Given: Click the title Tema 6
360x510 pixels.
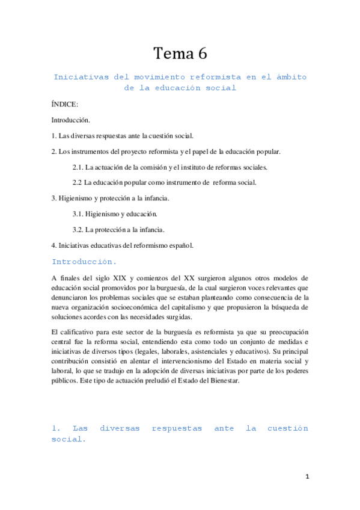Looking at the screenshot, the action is [x=180, y=54].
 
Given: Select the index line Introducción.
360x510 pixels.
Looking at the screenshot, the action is [x=70, y=120].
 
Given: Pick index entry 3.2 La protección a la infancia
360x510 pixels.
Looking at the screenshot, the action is [x=118, y=229].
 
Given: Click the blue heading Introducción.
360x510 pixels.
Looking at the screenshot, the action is [x=84, y=262].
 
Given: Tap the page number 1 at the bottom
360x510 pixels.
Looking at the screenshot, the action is [x=307, y=477].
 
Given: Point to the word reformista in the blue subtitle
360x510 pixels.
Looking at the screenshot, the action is [x=198, y=77].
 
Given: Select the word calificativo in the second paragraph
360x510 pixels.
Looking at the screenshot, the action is [x=81, y=332].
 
